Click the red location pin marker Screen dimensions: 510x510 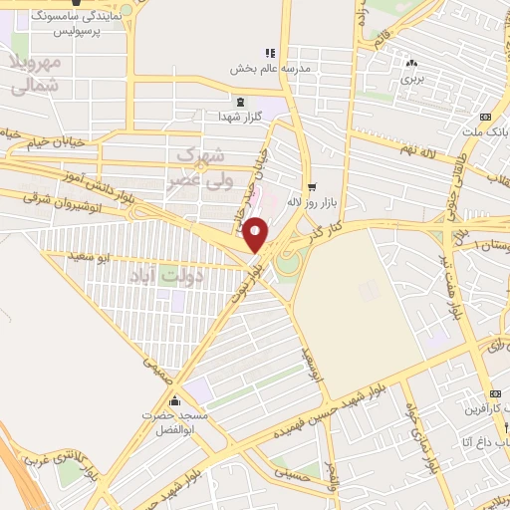point(256,234)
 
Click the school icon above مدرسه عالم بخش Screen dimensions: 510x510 point(269,53)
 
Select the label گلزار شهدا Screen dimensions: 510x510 point(239,117)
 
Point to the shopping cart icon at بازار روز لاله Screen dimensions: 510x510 point(312,186)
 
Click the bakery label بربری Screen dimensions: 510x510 point(412,77)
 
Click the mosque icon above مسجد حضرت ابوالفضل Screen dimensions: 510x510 point(175,401)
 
